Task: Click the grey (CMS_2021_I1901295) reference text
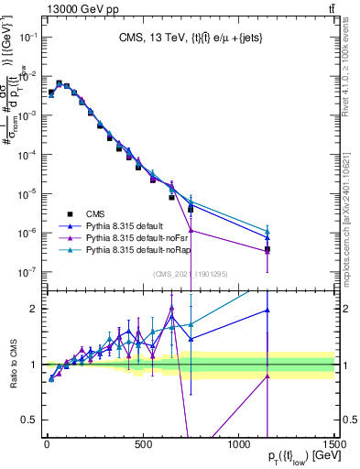[191, 274]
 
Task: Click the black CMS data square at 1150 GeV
[267, 249]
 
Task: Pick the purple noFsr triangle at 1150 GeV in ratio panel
[267, 376]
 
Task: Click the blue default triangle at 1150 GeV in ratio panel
[267, 311]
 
